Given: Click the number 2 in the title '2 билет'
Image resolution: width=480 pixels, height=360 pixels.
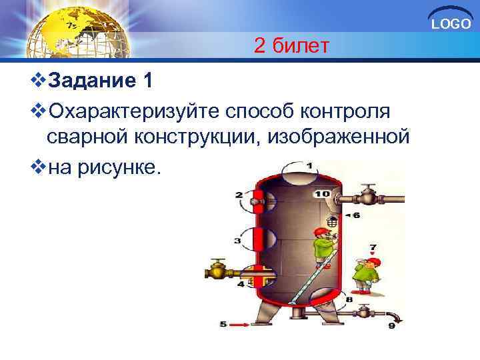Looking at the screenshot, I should point(261,46).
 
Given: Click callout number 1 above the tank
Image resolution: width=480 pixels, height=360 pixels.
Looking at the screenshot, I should point(309,165).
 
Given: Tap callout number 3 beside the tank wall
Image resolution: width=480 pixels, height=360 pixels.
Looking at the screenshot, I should point(238,240).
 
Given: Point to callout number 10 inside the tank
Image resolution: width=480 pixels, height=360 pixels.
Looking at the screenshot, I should point(322,193).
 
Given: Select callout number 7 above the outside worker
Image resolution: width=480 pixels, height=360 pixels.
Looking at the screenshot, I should point(373,247).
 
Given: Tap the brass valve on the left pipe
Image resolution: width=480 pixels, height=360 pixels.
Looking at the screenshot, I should point(217,272).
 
